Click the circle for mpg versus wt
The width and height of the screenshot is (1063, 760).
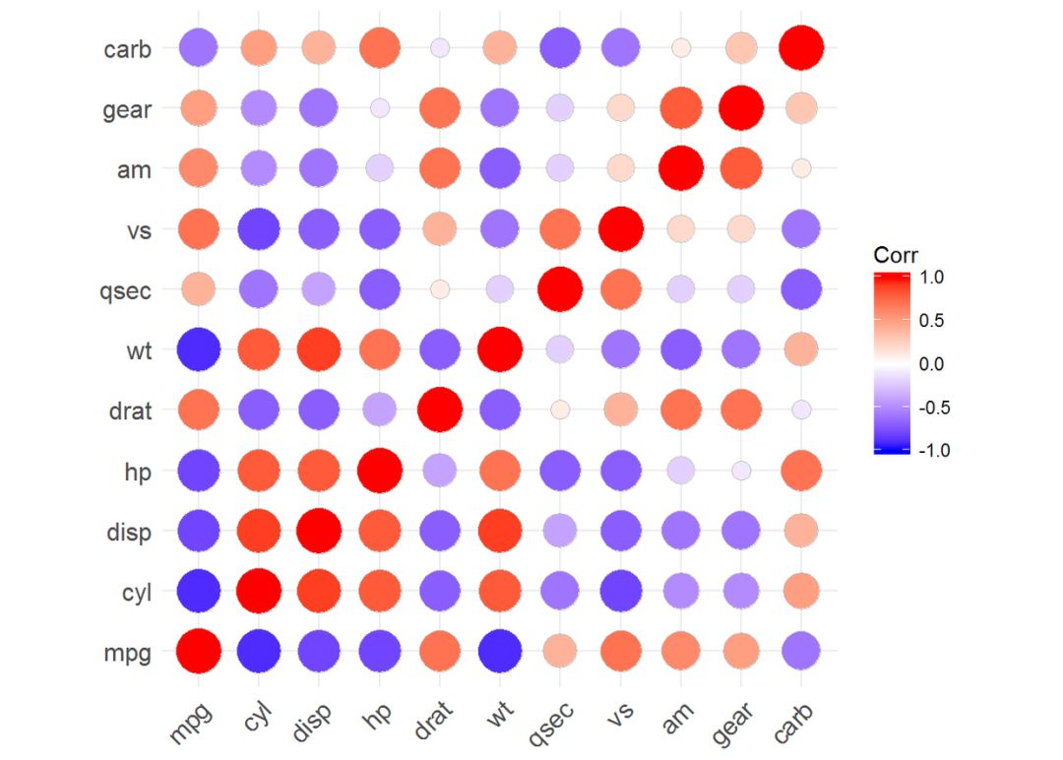pos(499,651)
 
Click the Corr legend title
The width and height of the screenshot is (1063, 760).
pos(895,255)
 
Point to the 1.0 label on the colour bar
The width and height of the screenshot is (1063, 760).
pos(931,278)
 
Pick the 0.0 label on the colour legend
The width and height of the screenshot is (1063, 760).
pos(931,364)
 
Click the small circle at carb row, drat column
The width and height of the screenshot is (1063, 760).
pos(440,47)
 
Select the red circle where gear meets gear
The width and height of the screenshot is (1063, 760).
pos(740,108)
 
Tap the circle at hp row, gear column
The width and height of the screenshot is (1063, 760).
pos(740,471)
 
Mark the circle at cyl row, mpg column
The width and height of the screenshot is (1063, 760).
pos(199,591)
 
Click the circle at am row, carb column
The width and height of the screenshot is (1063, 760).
pos(800,168)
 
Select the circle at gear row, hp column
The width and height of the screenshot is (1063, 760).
pos(380,108)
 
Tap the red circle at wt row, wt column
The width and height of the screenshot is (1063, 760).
pos(499,349)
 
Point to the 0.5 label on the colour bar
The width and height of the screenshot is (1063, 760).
pos(931,321)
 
